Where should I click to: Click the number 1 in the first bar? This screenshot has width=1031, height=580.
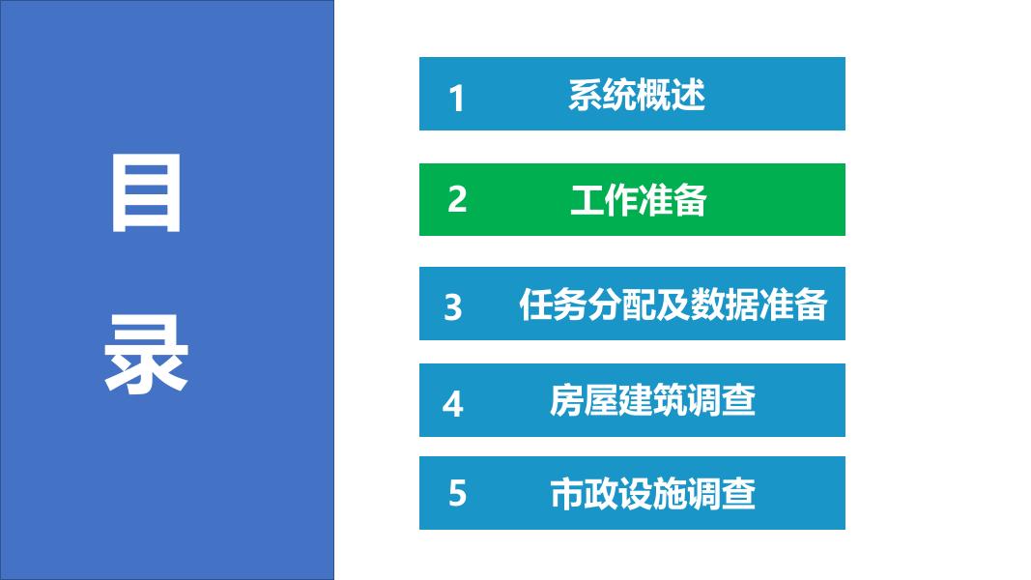[456, 99]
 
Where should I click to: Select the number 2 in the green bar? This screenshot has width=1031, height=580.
[457, 199]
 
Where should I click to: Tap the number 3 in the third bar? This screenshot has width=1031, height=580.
[453, 307]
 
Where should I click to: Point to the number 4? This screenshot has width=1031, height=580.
[453, 404]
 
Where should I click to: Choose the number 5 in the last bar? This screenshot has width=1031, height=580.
[458, 493]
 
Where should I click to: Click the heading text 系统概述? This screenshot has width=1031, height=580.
[637, 95]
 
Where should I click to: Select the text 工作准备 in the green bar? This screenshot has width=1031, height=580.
[638, 200]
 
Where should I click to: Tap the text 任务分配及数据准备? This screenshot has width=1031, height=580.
[673, 304]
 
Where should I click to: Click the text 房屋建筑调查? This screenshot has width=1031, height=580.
[652, 400]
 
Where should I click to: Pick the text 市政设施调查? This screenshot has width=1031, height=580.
[652, 494]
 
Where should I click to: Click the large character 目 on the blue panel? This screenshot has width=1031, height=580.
[147, 193]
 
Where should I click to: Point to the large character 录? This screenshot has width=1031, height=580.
[147, 354]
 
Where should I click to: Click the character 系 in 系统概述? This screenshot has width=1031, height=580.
[586, 95]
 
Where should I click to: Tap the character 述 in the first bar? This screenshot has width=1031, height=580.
[688, 95]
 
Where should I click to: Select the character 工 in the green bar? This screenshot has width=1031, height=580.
[587, 200]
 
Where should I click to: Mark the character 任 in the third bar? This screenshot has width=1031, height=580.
[536, 304]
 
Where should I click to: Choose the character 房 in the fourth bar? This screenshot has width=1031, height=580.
[567, 400]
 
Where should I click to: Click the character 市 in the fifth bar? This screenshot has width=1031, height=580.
[567, 494]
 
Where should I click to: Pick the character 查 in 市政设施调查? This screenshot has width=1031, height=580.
[738, 494]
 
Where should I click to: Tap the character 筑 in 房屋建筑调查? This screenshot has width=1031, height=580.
[670, 400]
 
